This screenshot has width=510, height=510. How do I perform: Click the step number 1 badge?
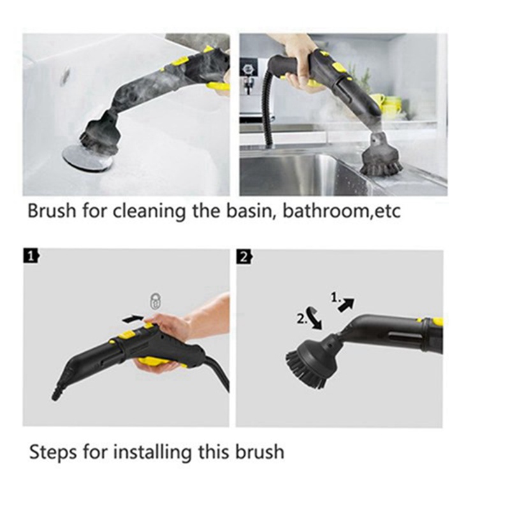(x=30, y=257)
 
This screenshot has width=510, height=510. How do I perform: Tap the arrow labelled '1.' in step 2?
(x=345, y=304)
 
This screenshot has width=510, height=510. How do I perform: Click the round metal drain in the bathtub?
(x=86, y=157)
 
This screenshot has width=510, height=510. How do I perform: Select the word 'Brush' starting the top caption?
(x=51, y=211)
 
